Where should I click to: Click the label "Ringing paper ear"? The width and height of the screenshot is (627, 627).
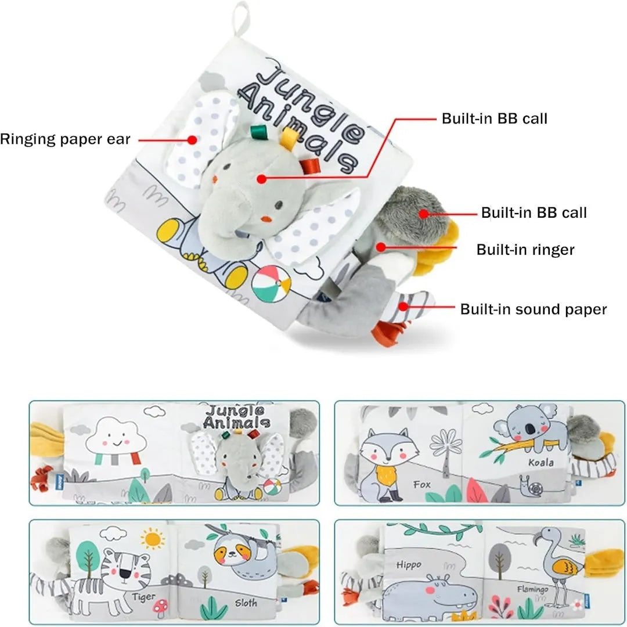(65, 139)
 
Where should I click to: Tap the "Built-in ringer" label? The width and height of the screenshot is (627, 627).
(525, 250)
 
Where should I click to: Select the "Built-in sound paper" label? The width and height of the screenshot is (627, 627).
(533, 309)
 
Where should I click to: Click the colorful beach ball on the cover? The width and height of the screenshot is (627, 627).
(271, 283)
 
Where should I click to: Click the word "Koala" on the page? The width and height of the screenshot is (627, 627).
(540, 463)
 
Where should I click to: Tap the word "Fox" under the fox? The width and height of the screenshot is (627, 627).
(421, 484)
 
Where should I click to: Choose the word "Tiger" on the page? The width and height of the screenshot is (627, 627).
(143, 596)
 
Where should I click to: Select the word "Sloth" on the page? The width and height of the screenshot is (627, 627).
(246, 603)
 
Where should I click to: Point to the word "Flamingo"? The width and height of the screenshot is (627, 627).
(532, 589)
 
